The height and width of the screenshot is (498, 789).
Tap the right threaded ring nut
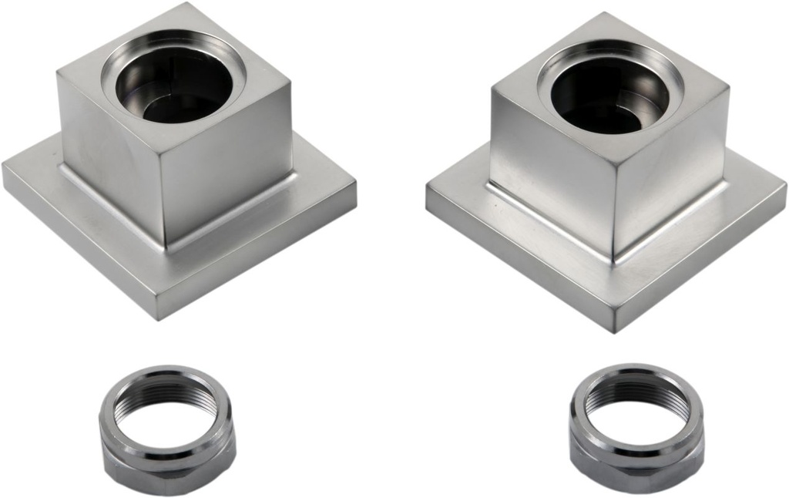tap(636, 428)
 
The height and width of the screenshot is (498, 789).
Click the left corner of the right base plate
tap(429, 193)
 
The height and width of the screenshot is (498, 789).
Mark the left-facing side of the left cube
tap(108, 154)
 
